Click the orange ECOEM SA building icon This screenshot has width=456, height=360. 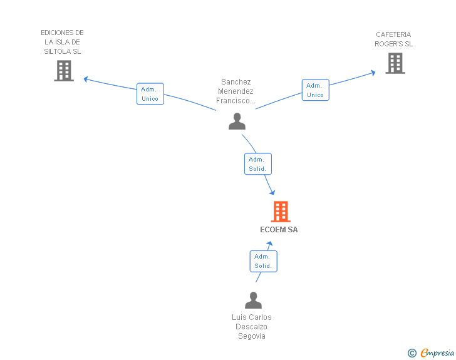(281, 212)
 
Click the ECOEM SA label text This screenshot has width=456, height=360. (279, 230)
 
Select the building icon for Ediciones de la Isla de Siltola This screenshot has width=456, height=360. (64, 71)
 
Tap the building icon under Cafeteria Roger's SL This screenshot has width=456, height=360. (395, 63)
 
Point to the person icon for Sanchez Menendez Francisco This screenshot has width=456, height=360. (237, 121)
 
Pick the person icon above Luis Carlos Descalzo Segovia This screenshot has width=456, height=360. (253, 300)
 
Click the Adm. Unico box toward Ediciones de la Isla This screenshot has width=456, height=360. (150, 94)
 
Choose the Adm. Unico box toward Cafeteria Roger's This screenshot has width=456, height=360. (316, 90)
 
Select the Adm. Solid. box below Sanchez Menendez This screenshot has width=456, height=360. (258, 163)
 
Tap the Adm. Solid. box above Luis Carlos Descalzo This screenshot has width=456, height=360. (264, 261)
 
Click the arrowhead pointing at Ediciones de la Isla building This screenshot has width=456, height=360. (86, 79)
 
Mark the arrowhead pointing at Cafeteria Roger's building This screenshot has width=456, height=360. (373, 73)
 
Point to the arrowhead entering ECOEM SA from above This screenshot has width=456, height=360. (272, 192)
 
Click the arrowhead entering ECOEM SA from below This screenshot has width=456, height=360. (269, 244)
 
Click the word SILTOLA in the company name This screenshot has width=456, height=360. (58, 51)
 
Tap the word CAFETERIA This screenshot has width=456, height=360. (393, 34)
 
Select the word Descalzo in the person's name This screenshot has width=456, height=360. (251, 327)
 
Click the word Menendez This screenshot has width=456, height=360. (236, 91)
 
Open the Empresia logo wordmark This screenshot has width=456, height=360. (437, 352)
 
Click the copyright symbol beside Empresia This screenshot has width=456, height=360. (412, 353)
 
